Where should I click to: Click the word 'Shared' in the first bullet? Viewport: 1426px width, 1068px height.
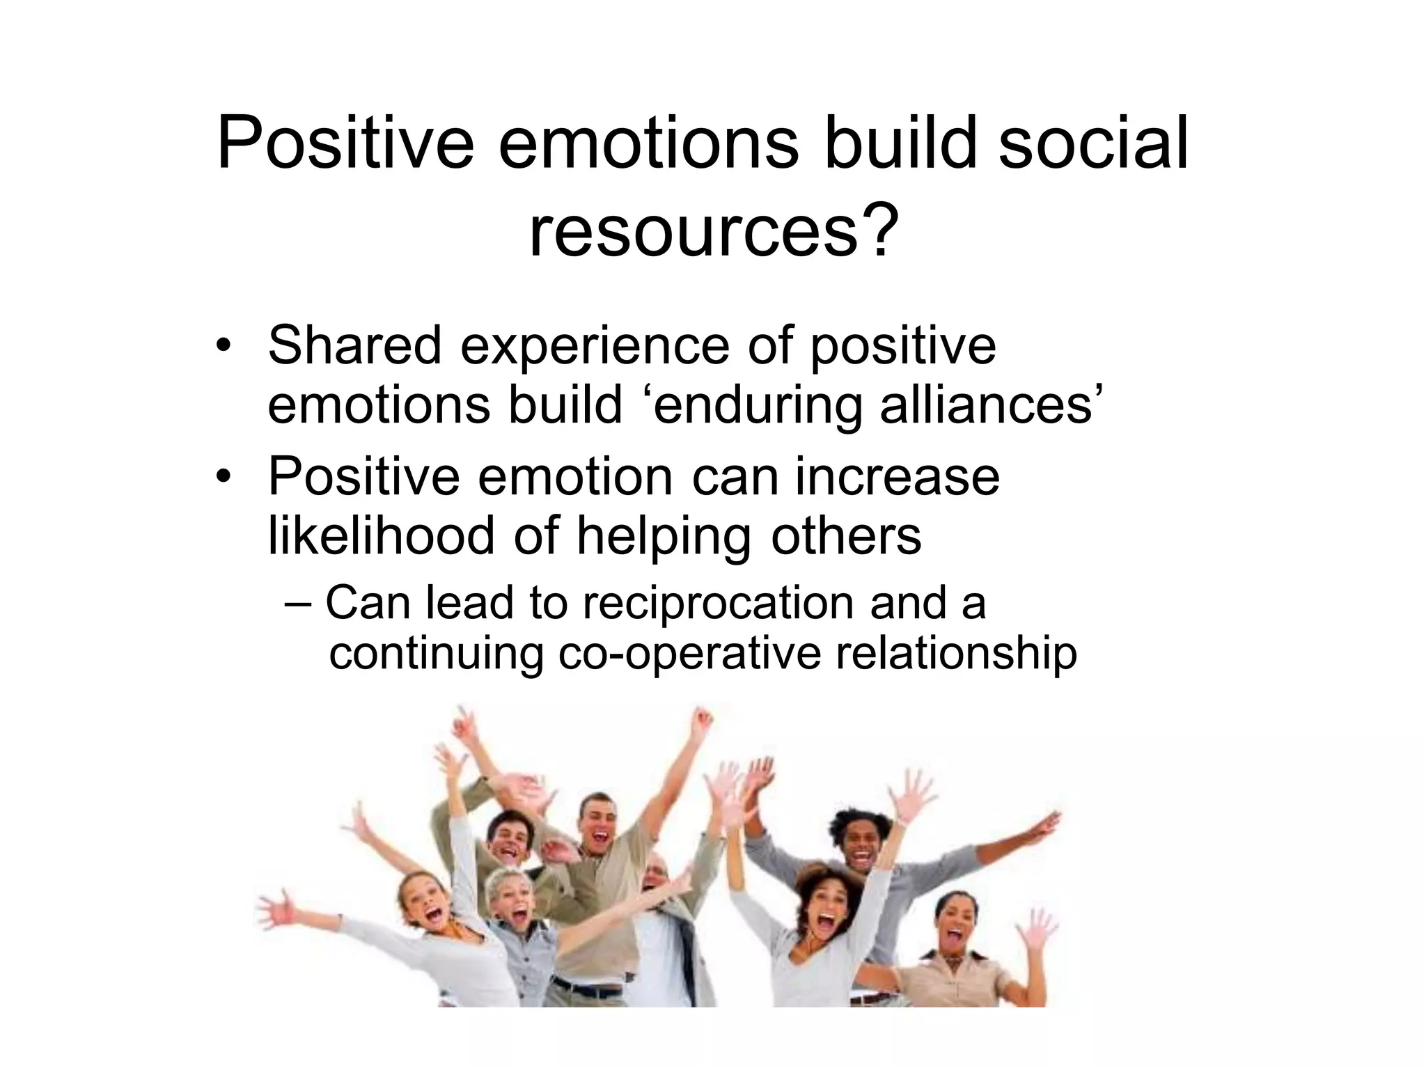click(354, 345)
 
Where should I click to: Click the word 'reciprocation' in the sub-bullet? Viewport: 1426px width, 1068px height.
click(718, 604)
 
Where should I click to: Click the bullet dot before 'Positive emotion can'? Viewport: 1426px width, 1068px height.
click(222, 477)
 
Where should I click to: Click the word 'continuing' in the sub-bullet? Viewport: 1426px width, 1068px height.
click(435, 655)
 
